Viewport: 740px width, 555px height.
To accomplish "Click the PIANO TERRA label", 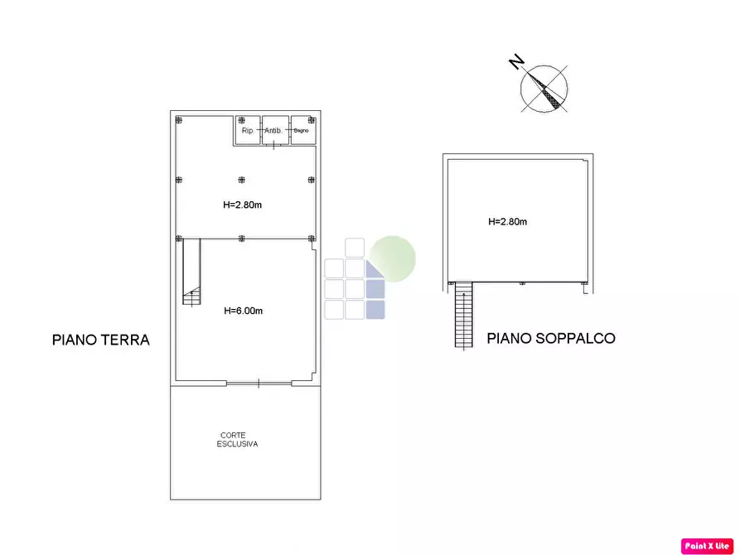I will [x=100, y=340].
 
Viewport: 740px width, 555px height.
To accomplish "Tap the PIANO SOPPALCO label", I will [x=550, y=338].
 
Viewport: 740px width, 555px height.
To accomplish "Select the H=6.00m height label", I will [x=244, y=311].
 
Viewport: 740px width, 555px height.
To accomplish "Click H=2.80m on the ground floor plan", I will [x=243, y=205].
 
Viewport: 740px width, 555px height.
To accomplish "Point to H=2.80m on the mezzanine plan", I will [x=507, y=221].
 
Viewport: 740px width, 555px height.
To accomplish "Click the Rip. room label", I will [x=247, y=131].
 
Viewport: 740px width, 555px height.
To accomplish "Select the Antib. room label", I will [x=273, y=131].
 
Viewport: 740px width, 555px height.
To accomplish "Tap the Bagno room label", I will [x=301, y=131].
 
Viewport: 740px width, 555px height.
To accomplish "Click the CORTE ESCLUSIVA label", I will [x=239, y=440].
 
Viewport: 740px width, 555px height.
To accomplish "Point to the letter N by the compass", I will [x=515, y=61].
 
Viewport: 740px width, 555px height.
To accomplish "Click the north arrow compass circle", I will [x=544, y=88].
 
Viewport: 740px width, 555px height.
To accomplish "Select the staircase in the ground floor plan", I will [x=191, y=273].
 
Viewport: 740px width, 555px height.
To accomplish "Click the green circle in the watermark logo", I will [x=392, y=258].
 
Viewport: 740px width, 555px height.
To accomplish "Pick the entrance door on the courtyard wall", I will [x=258, y=383].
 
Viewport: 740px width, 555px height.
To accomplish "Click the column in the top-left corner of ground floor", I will [x=178, y=120].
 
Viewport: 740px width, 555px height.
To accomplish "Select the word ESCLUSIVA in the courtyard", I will [x=239, y=445].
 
